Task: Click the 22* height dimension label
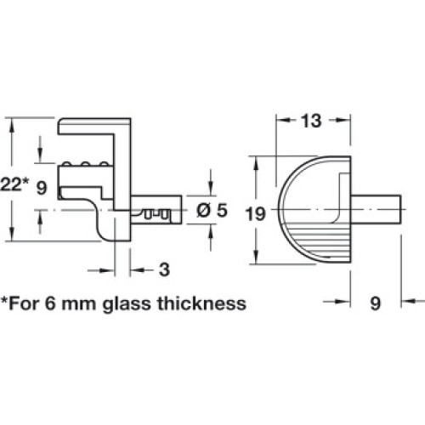coord(14,184)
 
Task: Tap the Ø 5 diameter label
coord(212,210)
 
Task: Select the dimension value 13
coord(311,121)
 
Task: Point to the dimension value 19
coord(256,213)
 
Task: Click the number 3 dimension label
coord(164,269)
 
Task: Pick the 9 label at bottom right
coord(375,303)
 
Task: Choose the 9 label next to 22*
coord(42,188)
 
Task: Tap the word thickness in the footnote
coord(201,303)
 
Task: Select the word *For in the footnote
coord(20,303)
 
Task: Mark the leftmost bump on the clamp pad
coord(67,164)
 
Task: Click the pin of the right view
coord(376,209)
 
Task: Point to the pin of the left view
coord(156,210)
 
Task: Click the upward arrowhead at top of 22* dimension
coord(11,125)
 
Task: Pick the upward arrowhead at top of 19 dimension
coord(256,164)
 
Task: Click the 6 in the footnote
coord(50,303)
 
